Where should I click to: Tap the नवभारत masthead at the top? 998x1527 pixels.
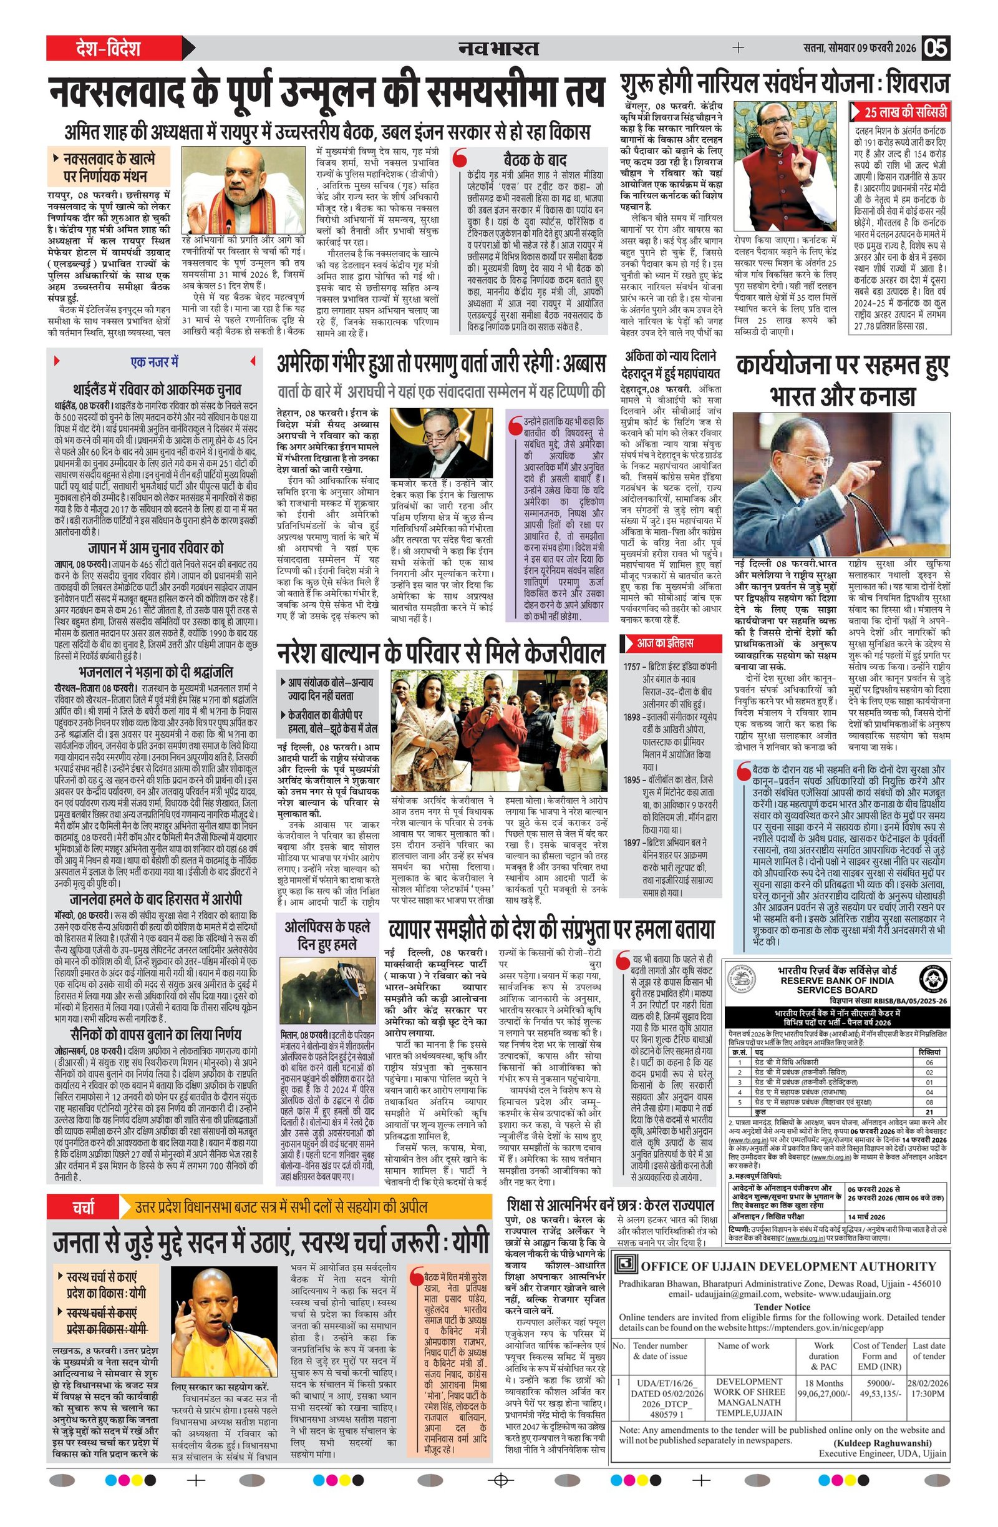coord(498,48)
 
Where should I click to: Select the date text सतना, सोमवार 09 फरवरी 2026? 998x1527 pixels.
coord(860,48)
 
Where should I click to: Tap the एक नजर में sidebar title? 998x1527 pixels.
coord(155,362)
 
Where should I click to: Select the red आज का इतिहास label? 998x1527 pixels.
coord(664,642)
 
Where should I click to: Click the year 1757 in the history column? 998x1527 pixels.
coord(631,666)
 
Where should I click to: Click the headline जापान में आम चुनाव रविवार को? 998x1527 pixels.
coord(156,548)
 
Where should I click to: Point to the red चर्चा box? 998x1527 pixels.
coord(83,1206)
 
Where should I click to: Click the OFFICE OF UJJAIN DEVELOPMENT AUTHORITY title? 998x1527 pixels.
coord(788,1266)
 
